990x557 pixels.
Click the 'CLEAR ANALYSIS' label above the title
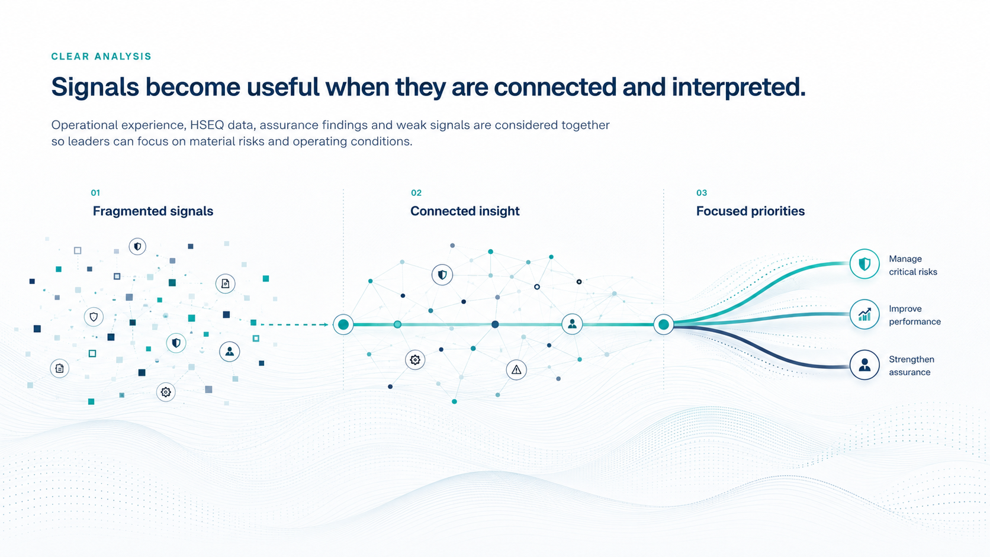101,57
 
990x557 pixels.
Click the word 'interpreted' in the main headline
738,88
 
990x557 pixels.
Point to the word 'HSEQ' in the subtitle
207,125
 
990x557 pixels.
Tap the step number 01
95,193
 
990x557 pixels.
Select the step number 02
416,193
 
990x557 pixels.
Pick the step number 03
702,193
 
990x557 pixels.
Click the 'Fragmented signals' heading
153,211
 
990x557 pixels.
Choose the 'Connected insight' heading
465,211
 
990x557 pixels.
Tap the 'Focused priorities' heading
750,211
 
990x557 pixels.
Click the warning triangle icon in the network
516,370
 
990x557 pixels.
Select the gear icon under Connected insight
415,360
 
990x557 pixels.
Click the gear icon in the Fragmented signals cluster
166,392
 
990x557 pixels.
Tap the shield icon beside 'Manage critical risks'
864,264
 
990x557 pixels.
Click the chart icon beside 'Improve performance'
864,314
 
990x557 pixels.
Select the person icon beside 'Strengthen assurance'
864,365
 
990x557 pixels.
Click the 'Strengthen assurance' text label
911,366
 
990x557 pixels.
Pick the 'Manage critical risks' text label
913,265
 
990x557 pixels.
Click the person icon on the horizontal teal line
572,324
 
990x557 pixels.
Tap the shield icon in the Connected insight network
442,275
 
